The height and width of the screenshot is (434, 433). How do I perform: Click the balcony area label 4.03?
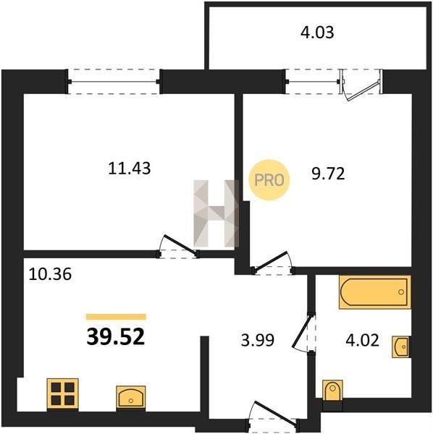317,32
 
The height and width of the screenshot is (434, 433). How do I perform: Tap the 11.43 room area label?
130,169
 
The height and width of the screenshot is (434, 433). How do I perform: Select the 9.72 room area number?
328,174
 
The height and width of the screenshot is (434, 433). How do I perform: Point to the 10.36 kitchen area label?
50,274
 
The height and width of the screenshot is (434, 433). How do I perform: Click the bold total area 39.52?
116,337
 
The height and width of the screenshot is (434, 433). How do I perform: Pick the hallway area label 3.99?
258,340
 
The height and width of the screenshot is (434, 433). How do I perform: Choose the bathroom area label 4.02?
362,340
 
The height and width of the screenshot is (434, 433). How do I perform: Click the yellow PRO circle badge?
269,180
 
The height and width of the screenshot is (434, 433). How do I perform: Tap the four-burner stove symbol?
63,394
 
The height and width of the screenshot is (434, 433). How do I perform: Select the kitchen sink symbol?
131,398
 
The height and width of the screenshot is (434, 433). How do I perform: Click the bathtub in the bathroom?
375,292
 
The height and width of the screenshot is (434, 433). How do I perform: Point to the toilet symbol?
332,391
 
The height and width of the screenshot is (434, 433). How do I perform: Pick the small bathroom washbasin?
401,346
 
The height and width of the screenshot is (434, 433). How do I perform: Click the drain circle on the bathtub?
400,292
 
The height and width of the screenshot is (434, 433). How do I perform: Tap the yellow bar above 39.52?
116,317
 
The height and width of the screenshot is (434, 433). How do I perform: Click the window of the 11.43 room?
114,82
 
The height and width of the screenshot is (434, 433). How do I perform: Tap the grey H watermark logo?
216,213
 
